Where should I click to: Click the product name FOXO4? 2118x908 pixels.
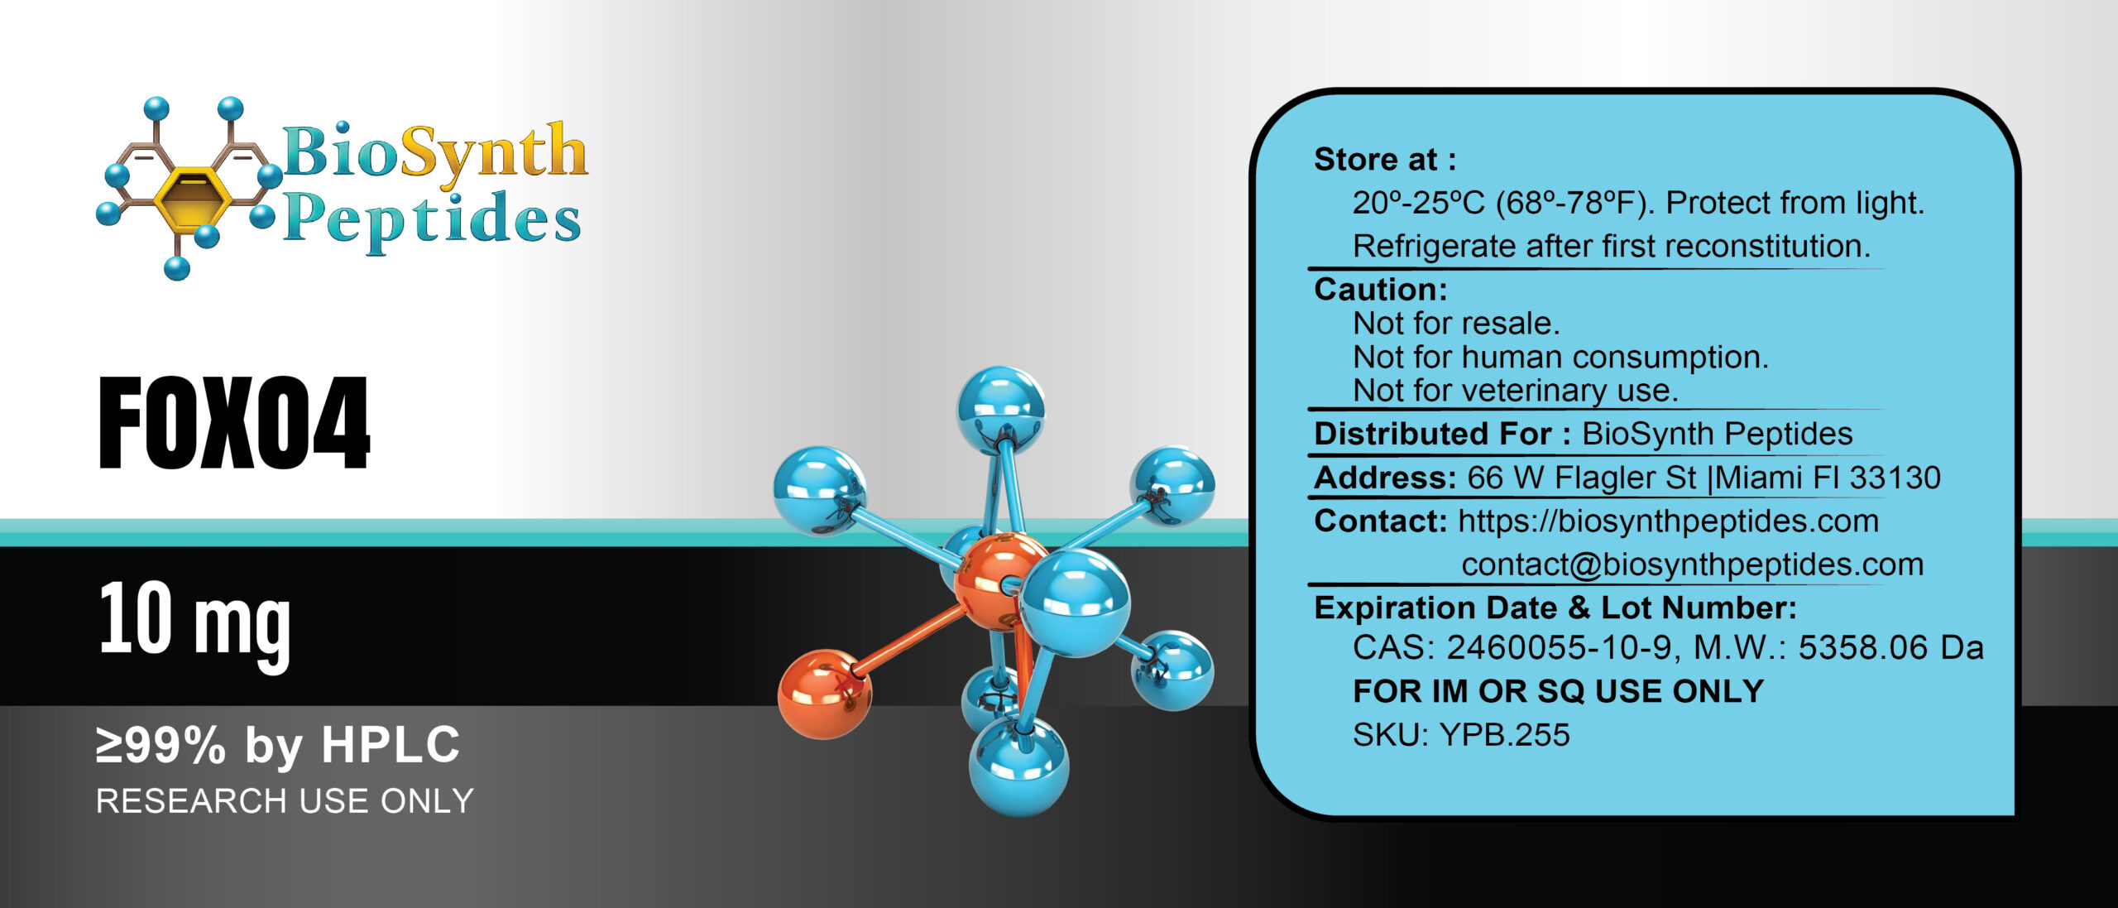point(234,423)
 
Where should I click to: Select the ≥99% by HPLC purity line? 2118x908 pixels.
point(278,745)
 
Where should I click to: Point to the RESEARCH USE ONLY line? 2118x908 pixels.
point(285,801)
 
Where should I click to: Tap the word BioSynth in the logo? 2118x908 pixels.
point(434,153)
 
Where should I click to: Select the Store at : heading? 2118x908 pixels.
point(1385,160)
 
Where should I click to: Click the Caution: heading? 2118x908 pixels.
point(1381,290)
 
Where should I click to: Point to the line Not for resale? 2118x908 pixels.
point(1456,324)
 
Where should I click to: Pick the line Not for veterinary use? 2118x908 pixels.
point(1515,391)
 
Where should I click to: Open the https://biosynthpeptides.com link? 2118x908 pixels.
point(1668,521)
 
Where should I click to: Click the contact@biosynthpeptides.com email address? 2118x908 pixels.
point(1692,565)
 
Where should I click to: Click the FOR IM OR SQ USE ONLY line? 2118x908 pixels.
point(1558,691)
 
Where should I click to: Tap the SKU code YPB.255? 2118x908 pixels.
point(1504,735)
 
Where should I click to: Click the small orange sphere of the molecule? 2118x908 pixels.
point(824,694)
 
